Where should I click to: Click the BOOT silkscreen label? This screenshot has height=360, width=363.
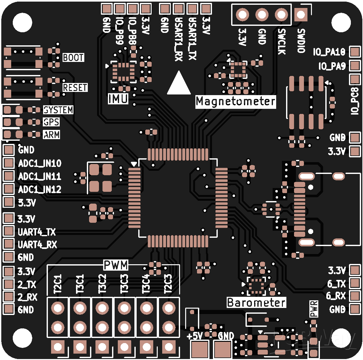[73, 57]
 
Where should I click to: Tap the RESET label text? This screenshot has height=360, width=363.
[75, 87]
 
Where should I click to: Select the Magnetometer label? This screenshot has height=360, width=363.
[236, 101]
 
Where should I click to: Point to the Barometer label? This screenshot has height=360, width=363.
[256, 302]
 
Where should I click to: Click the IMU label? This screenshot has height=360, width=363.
[118, 99]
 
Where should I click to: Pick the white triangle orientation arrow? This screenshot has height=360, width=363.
[179, 83]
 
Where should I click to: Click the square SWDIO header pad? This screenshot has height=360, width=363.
[301, 15]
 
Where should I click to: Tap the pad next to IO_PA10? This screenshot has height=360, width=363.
[355, 52]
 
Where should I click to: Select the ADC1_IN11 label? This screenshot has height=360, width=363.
[40, 176]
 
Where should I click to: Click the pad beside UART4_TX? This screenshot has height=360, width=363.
[9, 231]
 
